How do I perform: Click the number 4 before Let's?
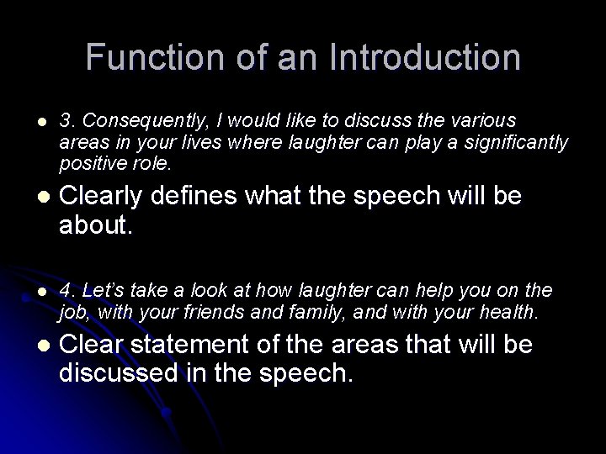(64, 290)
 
